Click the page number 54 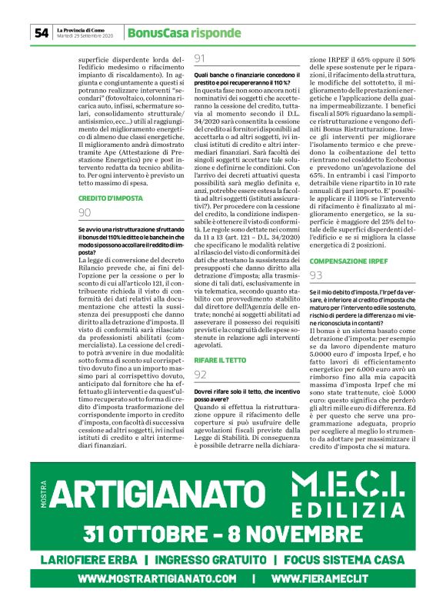tap(41, 32)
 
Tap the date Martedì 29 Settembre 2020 tap(85, 36)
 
